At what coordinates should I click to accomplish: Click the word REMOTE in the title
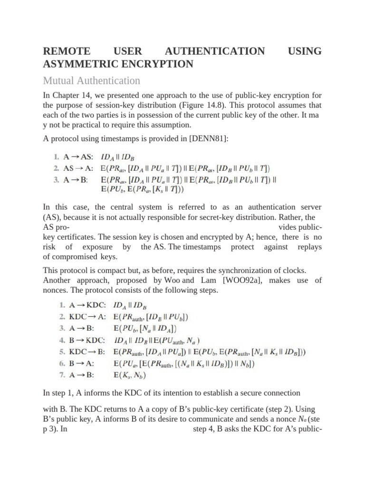(x=66, y=51)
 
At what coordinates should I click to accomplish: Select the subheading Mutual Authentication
(x=92, y=80)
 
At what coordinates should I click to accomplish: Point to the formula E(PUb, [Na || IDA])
(x=145, y=328)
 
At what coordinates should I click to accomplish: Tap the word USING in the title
(x=305, y=51)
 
